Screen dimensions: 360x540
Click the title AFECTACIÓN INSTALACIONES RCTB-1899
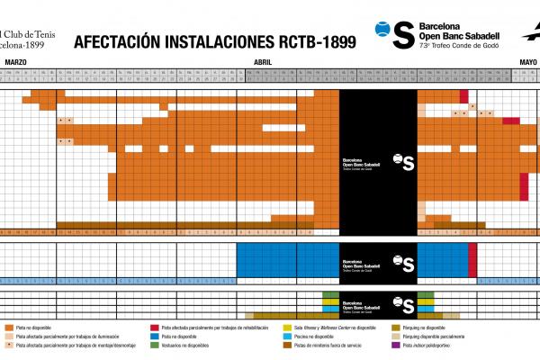214,42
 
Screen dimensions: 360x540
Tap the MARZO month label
15,60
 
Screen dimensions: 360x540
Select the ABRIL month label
264,60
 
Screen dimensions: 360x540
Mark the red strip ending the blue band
472,260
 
